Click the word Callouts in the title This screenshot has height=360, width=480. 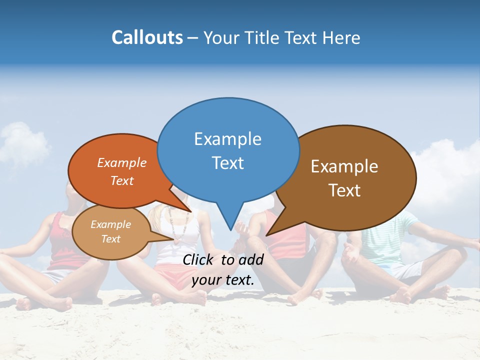[147, 38]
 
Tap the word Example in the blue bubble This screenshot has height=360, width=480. [227, 139]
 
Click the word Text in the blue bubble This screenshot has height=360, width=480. [227, 163]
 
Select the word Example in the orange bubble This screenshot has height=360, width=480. [122, 163]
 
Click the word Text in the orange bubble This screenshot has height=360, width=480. [122, 181]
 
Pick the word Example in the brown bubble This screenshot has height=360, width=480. [344, 166]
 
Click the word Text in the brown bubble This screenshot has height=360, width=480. [344, 190]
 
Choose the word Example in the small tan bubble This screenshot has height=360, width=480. [110, 224]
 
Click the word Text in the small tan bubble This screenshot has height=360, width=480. [110, 239]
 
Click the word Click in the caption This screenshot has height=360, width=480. [199, 259]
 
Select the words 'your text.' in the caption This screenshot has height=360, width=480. [223, 280]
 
